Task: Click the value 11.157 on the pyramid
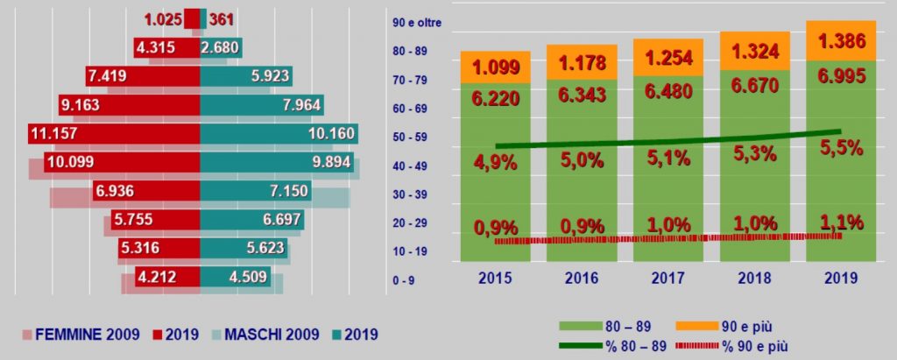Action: pyautogui.click(x=56, y=136)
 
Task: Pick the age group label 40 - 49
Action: pyautogui.click(x=409, y=166)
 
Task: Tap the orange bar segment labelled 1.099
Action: pyautogui.click(x=496, y=67)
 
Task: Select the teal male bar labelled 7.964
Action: pyautogui.click(x=262, y=106)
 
